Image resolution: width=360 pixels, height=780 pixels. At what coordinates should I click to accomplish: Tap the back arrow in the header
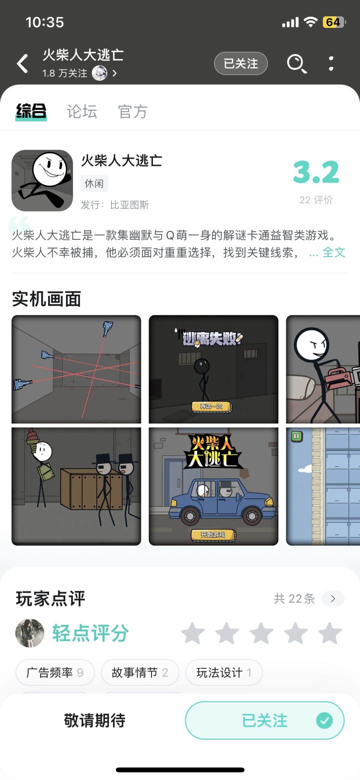pos(22,63)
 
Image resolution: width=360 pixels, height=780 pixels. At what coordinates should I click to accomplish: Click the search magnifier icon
pos(297,63)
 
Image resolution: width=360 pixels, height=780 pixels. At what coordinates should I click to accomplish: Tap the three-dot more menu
pos(331,63)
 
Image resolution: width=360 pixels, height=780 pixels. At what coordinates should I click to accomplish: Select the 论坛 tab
pos(82,111)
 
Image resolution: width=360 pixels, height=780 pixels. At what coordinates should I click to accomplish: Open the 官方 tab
pos(133,111)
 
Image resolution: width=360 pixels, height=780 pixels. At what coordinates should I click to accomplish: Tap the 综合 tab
pos(31,111)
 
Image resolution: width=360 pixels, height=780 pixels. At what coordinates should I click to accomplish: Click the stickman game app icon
pos(42,180)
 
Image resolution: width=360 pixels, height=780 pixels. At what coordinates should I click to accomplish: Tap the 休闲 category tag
pos(94,183)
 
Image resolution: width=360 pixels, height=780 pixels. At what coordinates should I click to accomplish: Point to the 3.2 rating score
pos(316,172)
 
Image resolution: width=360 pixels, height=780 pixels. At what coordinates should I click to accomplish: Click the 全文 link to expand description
pos(334,252)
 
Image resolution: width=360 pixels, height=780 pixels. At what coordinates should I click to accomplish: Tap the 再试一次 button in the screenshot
pos(211,407)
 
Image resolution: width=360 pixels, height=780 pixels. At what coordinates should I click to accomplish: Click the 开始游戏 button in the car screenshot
pos(213,535)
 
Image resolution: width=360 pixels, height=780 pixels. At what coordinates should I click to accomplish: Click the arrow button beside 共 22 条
pos(333,599)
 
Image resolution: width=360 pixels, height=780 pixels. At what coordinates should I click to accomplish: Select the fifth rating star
pos(330,633)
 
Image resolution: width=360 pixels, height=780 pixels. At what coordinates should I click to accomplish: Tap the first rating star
pos(193,633)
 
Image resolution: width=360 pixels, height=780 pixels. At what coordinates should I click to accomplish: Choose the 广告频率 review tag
pos(55,672)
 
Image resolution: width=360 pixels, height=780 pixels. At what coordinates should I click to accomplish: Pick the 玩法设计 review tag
pos(224,672)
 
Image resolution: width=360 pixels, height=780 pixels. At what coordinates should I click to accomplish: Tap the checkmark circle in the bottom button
pos(324,721)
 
